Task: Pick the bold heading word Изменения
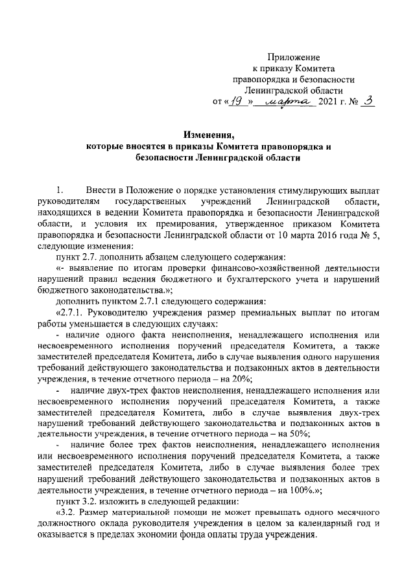(209, 134)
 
